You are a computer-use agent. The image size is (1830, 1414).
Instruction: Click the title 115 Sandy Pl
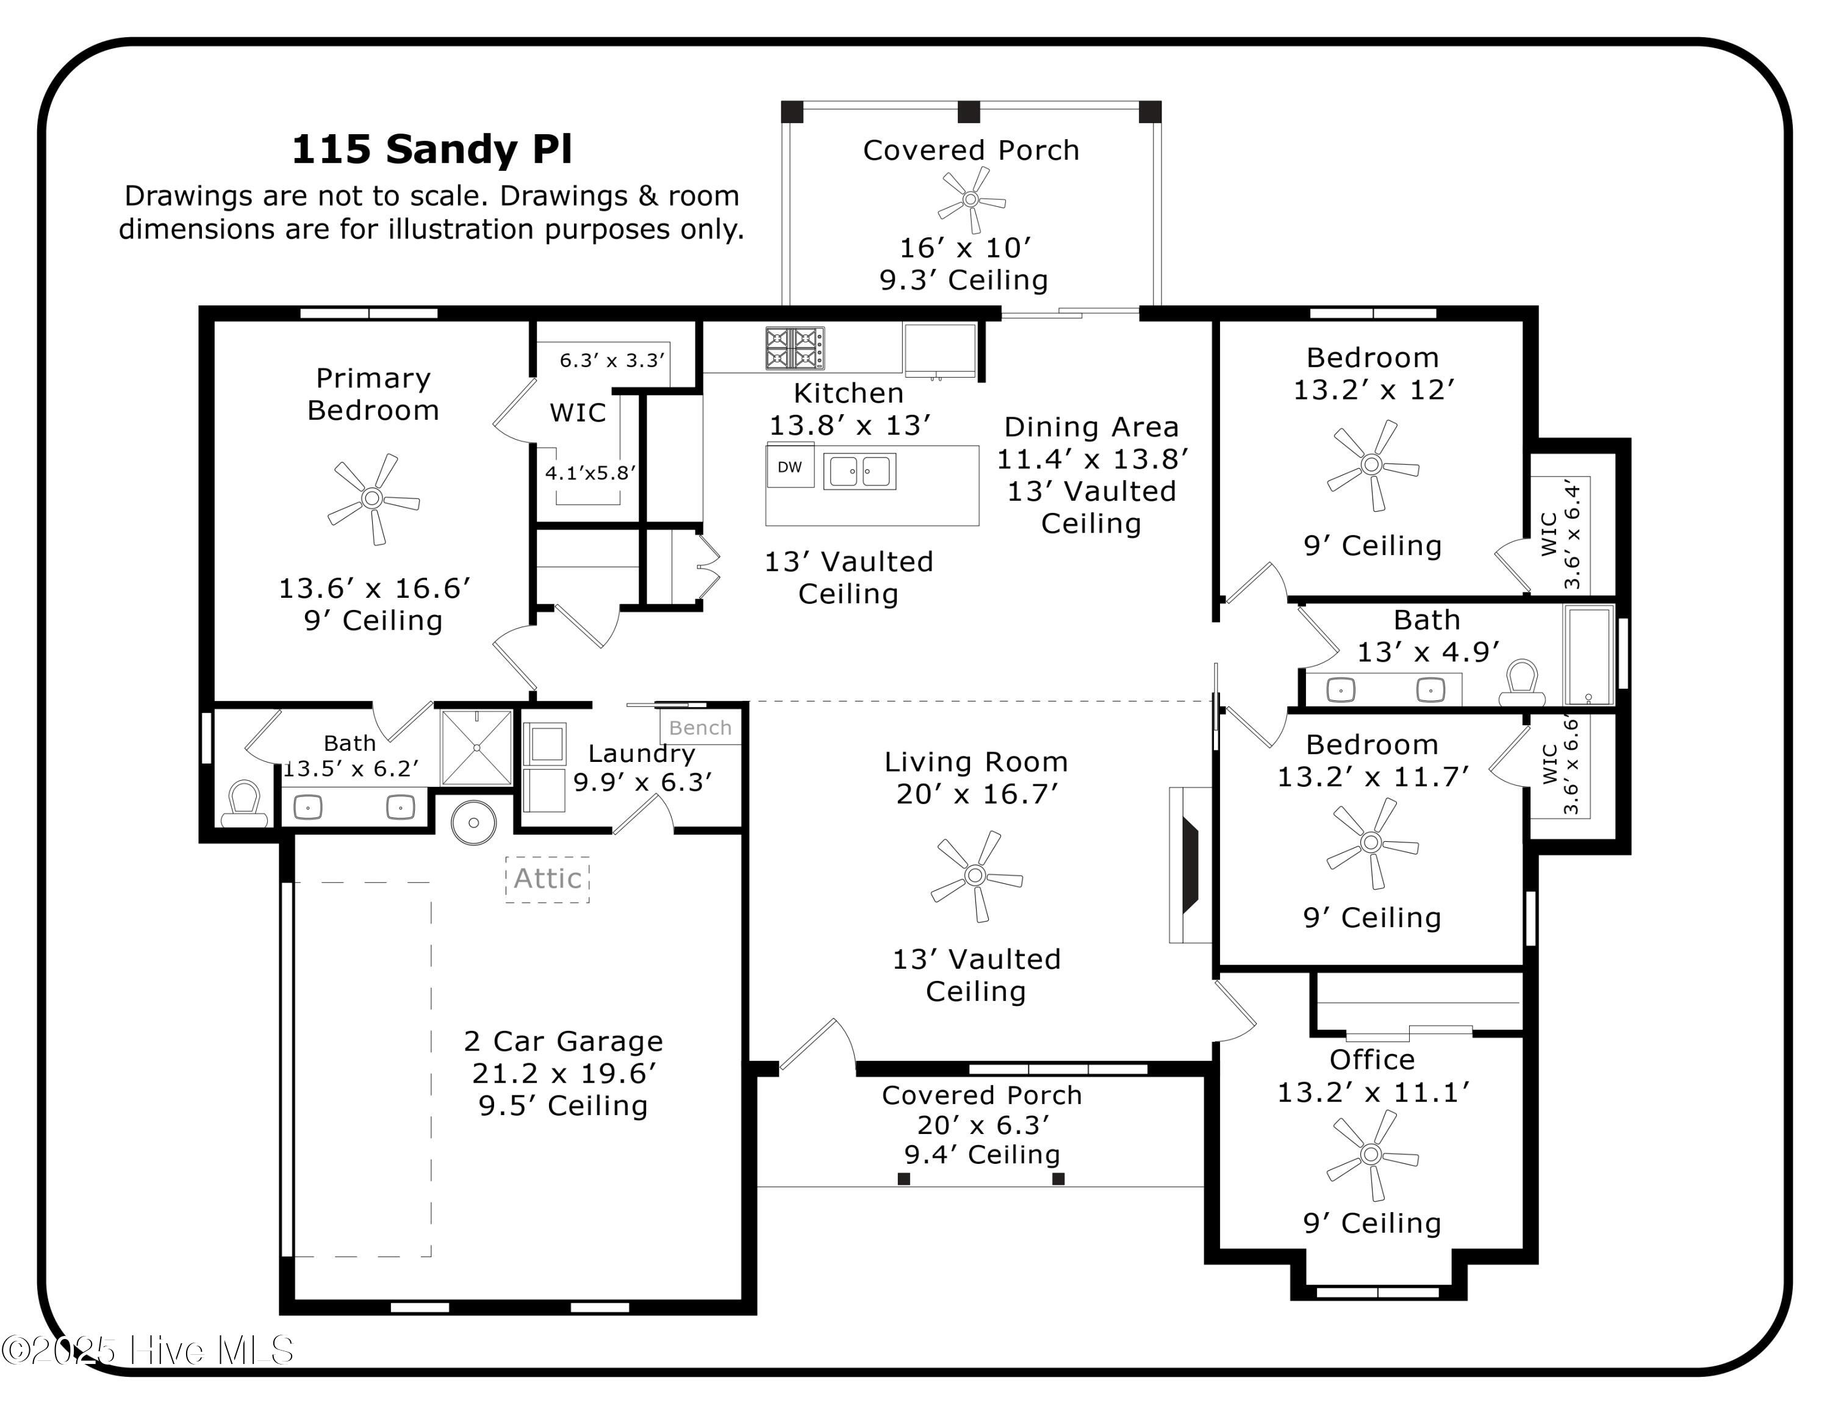431,150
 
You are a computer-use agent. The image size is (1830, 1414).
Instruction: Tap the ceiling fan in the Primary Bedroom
372,499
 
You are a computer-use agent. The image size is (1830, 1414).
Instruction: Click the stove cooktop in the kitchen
794,348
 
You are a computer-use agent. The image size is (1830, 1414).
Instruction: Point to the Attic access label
547,879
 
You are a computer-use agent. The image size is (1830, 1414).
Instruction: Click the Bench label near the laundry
700,728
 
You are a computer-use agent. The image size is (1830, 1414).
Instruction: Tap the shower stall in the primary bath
476,747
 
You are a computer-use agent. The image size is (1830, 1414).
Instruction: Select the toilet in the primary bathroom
244,803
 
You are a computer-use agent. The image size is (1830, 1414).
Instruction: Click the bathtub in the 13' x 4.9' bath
1588,655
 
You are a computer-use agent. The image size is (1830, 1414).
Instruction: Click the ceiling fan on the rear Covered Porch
971,199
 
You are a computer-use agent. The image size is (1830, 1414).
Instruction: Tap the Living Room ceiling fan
975,875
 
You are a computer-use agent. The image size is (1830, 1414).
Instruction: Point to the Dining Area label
1091,427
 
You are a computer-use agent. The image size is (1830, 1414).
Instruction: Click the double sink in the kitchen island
859,471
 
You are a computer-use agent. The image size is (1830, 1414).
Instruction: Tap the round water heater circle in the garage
473,823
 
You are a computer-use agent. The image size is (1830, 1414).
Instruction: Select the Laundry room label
641,753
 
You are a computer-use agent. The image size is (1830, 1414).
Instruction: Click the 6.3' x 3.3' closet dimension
612,360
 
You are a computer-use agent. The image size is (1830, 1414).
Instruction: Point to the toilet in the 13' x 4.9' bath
1521,682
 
